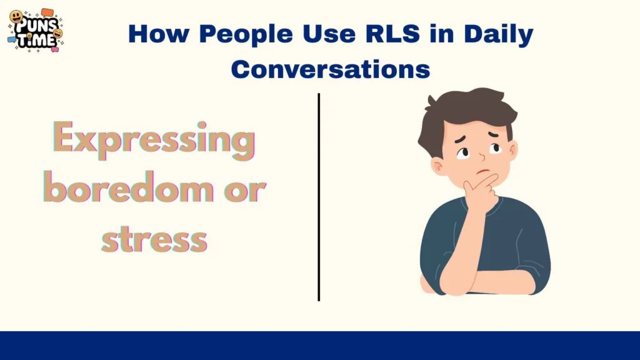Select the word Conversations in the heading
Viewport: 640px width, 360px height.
pyautogui.click(x=331, y=69)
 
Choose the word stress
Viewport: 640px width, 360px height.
pyautogui.click(x=154, y=239)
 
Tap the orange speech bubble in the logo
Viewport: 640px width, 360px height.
pyautogui.click(x=47, y=12)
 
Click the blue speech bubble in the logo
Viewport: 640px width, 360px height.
pyautogui.click(x=12, y=39)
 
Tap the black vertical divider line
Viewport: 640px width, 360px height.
pyautogui.click(x=319, y=197)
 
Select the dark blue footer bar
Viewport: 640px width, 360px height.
pyautogui.click(x=320, y=346)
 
